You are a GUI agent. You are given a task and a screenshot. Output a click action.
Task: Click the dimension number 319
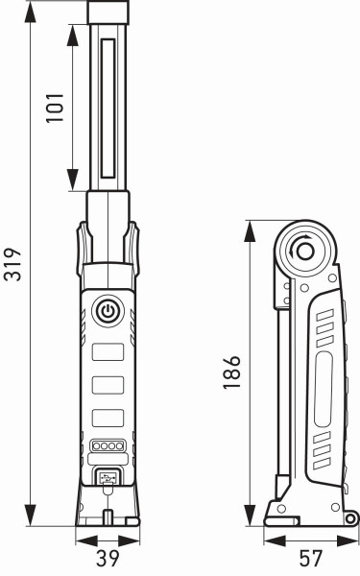(x=12, y=264)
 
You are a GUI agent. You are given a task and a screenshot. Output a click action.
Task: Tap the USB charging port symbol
(x=108, y=477)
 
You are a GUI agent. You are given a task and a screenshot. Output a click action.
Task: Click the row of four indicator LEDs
(x=108, y=446)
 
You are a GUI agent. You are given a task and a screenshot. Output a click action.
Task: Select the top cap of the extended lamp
(x=108, y=12)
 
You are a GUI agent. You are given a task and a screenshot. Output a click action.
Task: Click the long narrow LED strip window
(x=108, y=106)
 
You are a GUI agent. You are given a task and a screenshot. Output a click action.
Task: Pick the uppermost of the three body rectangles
(x=108, y=352)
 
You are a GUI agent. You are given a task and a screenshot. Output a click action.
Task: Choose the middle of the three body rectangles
(x=108, y=385)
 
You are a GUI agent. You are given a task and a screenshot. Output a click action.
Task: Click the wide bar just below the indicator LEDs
(x=108, y=460)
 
